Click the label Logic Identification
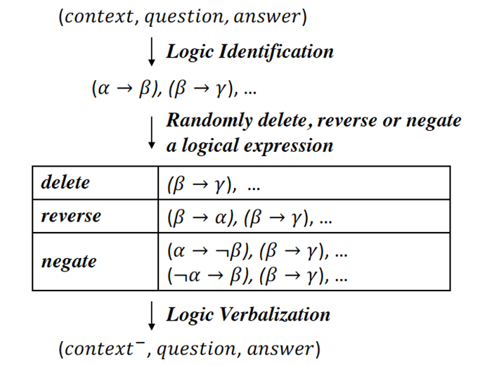[249, 51]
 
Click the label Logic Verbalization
[248, 314]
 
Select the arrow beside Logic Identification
[151, 53]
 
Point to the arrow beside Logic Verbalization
[151, 316]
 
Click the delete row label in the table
[65, 182]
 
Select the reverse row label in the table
[71, 215]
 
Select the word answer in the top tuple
[272, 17]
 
